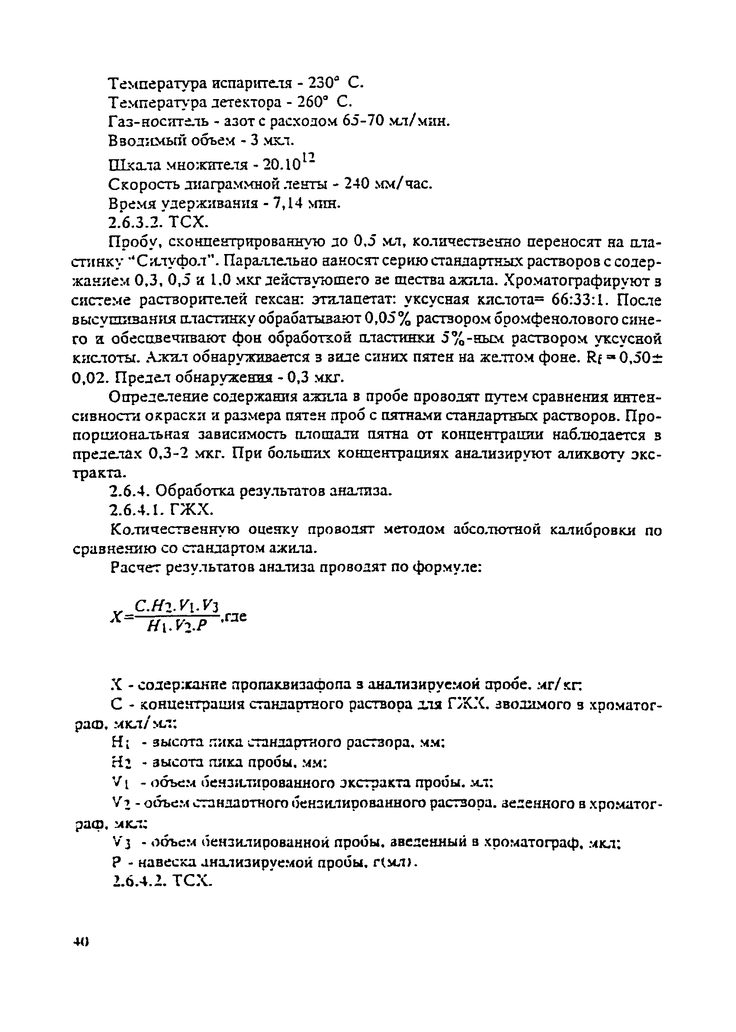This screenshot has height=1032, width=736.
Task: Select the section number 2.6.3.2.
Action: coord(135,222)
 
